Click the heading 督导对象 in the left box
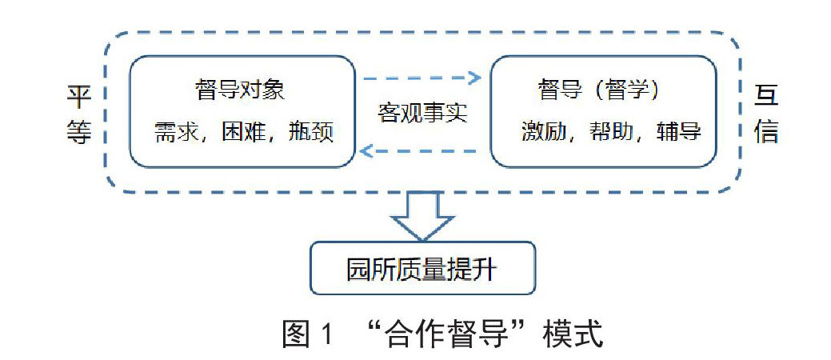239,90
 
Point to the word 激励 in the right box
543,130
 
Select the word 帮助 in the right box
610,130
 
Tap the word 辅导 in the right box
678,130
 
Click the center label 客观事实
422,113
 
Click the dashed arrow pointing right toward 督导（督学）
421,78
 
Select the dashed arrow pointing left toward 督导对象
421,150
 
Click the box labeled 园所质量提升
421,268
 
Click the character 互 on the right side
765,98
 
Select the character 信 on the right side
765,130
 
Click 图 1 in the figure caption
306,333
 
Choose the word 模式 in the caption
571,333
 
